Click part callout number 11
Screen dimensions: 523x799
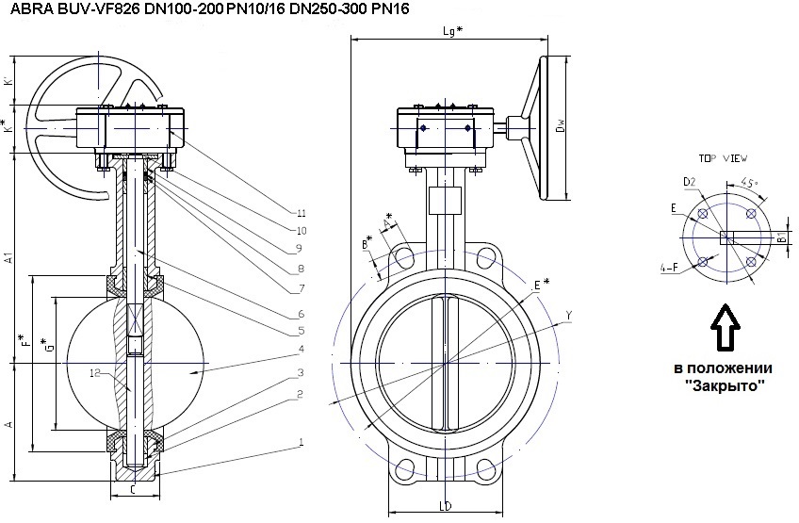tap(300, 211)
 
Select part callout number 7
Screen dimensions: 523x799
tap(300, 286)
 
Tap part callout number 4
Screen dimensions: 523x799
tap(300, 349)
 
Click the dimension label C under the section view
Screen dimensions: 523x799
tap(134, 489)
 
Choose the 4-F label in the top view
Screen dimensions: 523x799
tap(670, 268)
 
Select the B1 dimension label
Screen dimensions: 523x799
tap(782, 237)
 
